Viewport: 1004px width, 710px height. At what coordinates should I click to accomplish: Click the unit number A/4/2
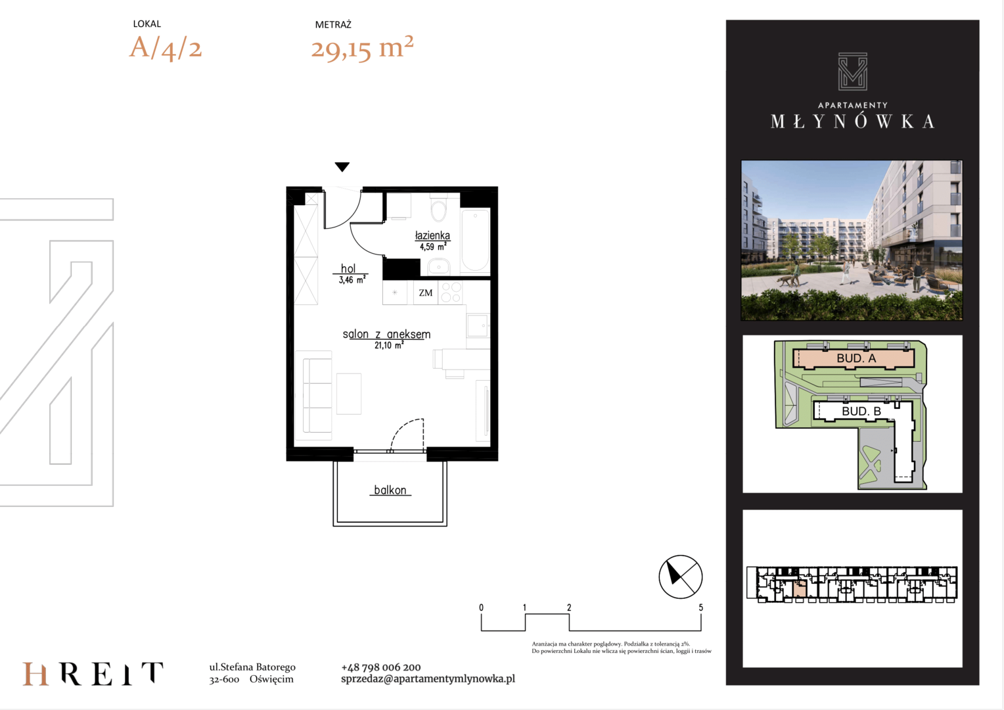tap(166, 47)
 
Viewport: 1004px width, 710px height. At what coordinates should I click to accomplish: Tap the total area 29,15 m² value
tap(362, 47)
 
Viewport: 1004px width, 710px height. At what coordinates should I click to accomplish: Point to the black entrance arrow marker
tap(342, 167)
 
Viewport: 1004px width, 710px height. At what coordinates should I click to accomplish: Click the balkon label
tap(390, 490)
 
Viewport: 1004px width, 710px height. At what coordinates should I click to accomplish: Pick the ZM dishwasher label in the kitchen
tap(425, 293)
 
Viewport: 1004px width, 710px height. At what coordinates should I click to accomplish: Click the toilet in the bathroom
tap(438, 208)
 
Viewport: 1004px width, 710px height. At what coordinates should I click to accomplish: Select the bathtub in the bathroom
tap(475, 241)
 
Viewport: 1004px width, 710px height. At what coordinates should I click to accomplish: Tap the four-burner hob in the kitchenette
tap(451, 293)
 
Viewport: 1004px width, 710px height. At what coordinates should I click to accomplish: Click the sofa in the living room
tap(317, 395)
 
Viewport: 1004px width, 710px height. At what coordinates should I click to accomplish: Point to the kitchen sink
tap(477, 325)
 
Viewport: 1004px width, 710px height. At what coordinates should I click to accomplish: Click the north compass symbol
tap(680, 577)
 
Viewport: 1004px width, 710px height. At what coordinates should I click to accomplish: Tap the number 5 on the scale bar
tap(700, 607)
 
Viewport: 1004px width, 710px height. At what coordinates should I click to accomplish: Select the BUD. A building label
tap(856, 358)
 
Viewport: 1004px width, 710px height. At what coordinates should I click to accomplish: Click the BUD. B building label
tap(861, 411)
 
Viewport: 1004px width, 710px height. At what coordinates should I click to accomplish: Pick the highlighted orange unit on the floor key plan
tap(800, 588)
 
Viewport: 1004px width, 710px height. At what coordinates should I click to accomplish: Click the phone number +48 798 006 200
tap(381, 667)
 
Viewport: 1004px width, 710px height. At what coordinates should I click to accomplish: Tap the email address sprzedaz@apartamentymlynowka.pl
tap(428, 678)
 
